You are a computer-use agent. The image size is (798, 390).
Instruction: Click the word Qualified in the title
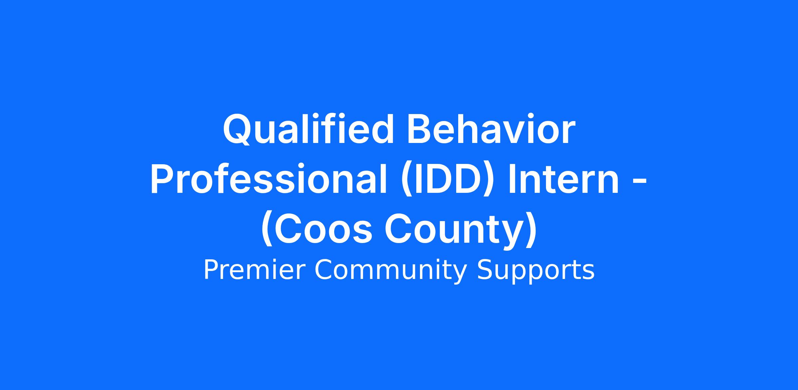click(308, 129)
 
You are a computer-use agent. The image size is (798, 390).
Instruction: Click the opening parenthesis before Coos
click(267, 230)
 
